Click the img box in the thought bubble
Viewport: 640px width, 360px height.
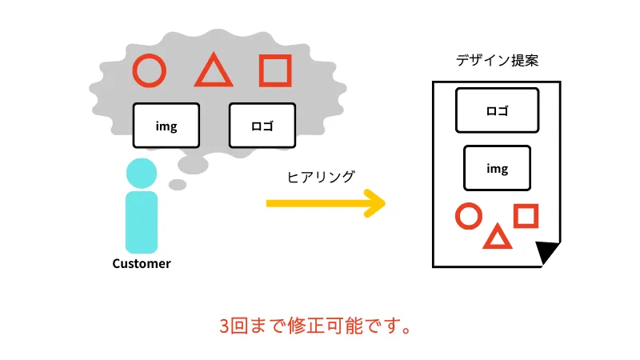[166, 126]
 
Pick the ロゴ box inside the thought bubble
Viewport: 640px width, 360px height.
[262, 126]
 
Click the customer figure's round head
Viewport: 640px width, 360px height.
[142, 173]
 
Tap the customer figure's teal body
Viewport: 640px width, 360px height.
[142, 222]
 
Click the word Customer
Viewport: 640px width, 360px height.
[142, 264]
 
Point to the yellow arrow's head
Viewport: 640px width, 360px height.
[375, 203]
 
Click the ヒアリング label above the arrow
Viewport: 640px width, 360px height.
[321, 177]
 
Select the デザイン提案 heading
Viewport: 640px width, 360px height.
[497, 61]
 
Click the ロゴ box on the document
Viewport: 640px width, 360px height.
[497, 110]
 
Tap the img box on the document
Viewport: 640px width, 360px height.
[497, 168]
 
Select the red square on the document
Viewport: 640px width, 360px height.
[516, 215]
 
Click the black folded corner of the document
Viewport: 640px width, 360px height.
[546, 250]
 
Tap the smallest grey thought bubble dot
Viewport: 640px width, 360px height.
[178, 185]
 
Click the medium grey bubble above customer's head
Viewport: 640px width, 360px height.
[193, 165]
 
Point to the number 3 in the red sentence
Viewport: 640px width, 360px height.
[225, 326]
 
